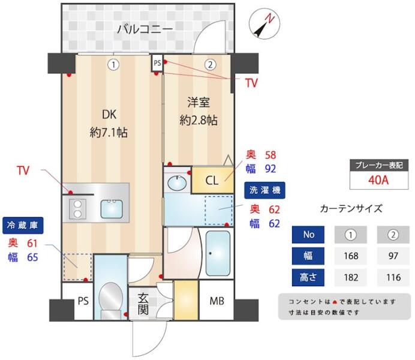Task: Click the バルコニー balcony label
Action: coord(145,29)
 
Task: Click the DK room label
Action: coord(109,115)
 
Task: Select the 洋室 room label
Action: coord(199,103)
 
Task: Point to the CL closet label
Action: coord(212,181)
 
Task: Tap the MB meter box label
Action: coord(216,301)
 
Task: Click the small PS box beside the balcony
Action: coord(158,63)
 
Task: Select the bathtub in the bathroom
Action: coord(218,253)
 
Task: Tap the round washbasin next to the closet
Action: coord(176,183)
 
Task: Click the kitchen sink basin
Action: coord(112,209)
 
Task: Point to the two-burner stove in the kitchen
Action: coord(77,209)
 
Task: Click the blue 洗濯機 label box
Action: coord(264,190)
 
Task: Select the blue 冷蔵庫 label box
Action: coord(23,226)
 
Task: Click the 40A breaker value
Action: coord(378,180)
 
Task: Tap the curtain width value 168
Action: coord(351,256)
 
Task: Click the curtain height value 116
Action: coord(393,277)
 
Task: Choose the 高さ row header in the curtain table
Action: coord(308,277)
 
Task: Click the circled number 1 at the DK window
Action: coord(113,65)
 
